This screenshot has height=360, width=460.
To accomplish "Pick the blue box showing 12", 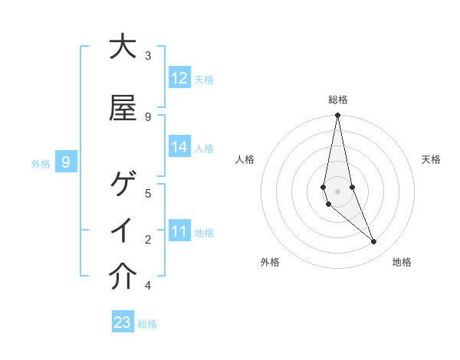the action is pyautogui.click(x=179, y=78).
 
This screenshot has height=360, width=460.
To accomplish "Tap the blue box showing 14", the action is pyautogui.click(x=179, y=147).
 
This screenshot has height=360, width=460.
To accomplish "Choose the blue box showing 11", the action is pyautogui.click(x=179, y=231).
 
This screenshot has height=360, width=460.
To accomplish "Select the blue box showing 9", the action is pyautogui.click(x=66, y=162).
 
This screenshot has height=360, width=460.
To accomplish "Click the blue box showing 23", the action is pyautogui.click(x=123, y=322).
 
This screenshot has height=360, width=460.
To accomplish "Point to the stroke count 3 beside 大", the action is pyautogui.click(x=148, y=56).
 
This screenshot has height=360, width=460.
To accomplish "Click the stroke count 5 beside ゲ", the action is pyautogui.click(x=148, y=193).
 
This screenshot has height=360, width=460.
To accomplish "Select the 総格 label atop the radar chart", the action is pyautogui.click(x=338, y=100).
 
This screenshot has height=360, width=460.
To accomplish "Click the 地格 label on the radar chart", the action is pyautogui.click(x=402, y=262).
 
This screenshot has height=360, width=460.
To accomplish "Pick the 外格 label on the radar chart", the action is pyautogui.click(x=271, y=262).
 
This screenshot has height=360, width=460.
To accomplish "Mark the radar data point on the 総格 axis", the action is pyautogui.click(x=337, y=116).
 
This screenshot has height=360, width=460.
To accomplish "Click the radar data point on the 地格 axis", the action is pyautogui.click(x=374, y=242).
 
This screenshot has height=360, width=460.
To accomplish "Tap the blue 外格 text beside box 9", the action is pyautogui.click(x=41, y=163).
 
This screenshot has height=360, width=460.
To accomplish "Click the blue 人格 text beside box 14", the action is pyautogui.click(x=204, y=148).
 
